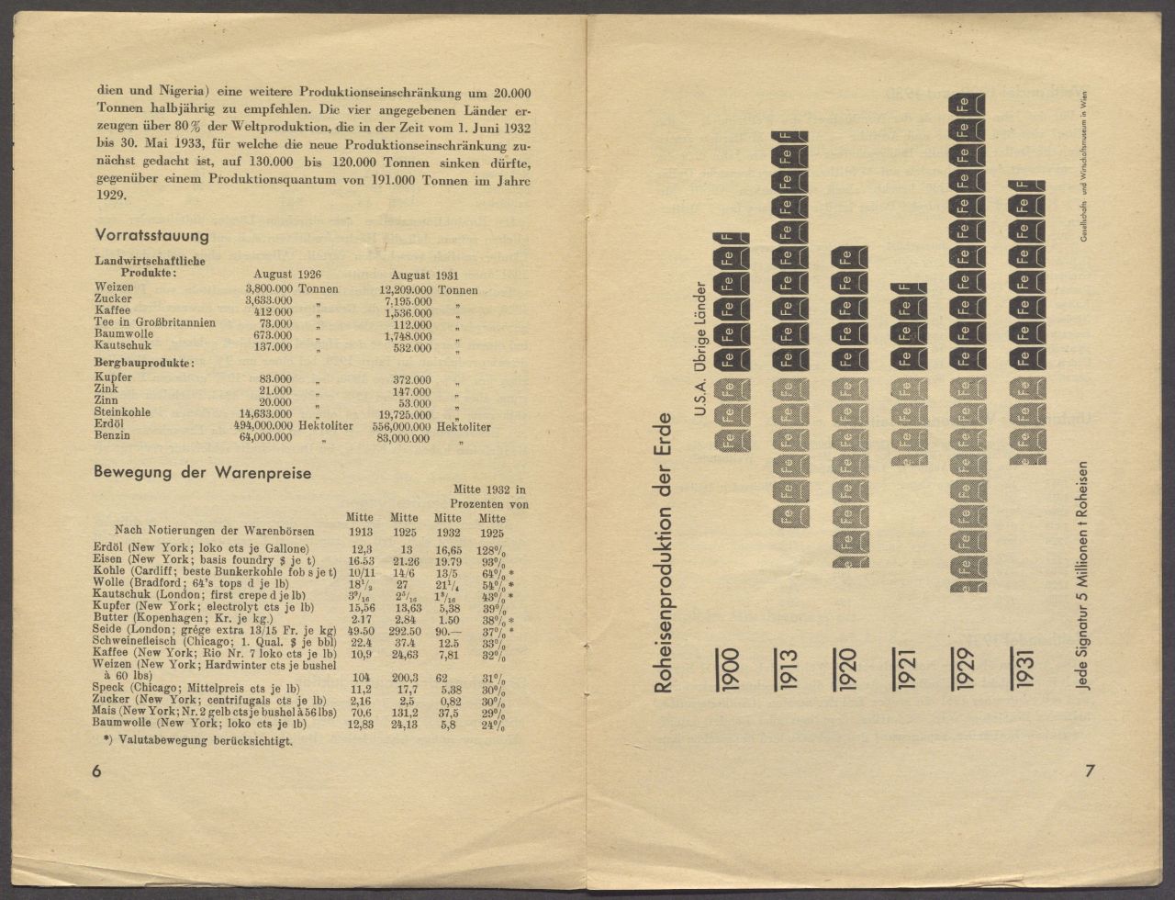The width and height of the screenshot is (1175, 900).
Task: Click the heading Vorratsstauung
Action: [151, 236]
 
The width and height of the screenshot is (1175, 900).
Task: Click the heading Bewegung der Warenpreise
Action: [202, 473]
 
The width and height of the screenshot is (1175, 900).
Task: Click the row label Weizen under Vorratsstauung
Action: [113, 288]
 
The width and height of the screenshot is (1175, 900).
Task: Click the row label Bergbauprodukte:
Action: [143, 364]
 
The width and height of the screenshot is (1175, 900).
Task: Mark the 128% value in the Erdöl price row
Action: [490, 548]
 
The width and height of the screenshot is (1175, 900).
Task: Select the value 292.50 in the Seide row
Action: [404, 631]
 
